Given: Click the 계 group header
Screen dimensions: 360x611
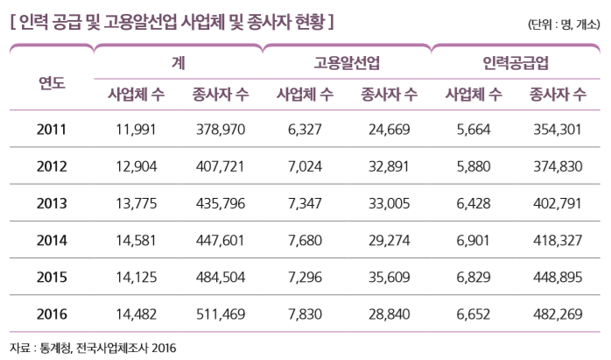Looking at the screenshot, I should point(179,62).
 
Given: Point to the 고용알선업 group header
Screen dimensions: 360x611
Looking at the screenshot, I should point(348,62).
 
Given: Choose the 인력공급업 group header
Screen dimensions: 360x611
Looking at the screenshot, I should point(516,62).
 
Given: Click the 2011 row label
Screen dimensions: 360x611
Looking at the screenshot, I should point(52,130).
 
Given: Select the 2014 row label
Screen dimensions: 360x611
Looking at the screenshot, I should point(52,238).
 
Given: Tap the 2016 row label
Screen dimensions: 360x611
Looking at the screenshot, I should point(52,312).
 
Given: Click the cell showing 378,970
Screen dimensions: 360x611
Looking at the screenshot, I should point(221,130).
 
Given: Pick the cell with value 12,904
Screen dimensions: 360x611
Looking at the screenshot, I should point(136,166).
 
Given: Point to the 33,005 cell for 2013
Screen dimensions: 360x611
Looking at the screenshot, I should point(390,202).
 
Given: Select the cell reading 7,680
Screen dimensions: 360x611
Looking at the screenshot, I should point(305,238).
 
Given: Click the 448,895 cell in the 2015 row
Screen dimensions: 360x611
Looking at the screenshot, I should point(558,275).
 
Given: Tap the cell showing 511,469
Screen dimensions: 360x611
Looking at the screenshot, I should point(221,312).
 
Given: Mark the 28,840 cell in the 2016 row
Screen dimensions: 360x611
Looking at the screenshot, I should point(390,312).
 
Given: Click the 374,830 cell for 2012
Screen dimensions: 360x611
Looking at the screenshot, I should point(558,166).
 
